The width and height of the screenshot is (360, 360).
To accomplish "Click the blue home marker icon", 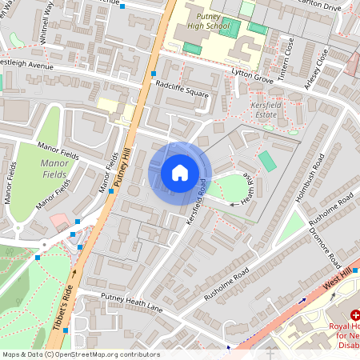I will click(180, 173).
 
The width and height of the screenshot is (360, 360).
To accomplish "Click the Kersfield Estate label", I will click(265, 110).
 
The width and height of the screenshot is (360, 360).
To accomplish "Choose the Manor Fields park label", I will click(53, 167).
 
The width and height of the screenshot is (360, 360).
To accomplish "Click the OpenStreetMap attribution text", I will click(80, 354).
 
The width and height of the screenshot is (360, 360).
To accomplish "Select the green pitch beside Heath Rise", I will click(267, 161).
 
